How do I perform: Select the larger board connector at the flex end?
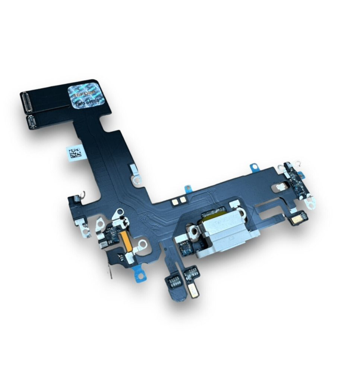(28, 102)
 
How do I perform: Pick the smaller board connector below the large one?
(32, 122)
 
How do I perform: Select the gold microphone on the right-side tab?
(299, 218)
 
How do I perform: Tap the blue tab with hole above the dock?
(255, 167)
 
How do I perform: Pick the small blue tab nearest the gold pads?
(189, 188)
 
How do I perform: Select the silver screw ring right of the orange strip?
(142, 245)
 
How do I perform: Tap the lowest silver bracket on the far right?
(309, 203)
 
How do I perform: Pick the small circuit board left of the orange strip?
(110, 235)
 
